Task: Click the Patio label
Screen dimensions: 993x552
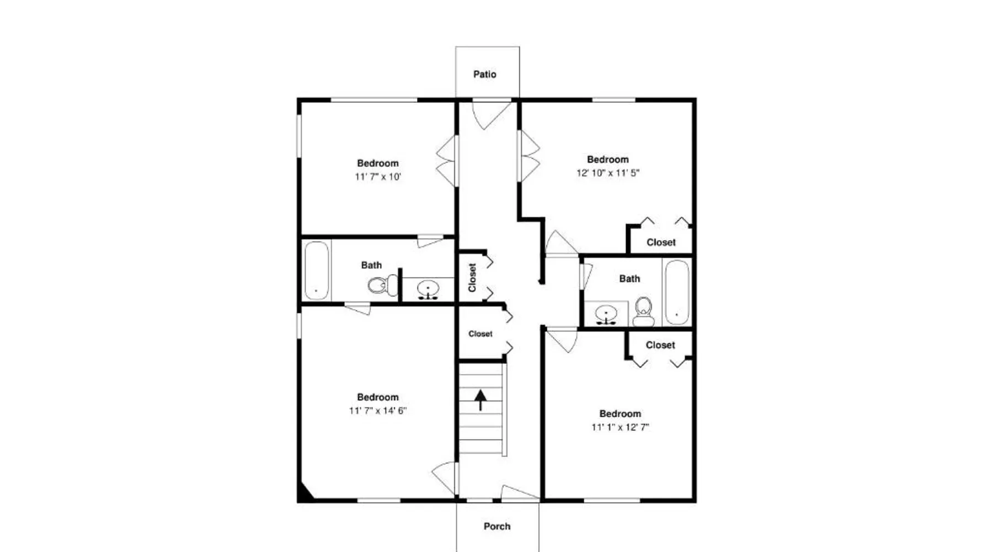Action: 485,74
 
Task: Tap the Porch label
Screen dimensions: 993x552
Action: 497,526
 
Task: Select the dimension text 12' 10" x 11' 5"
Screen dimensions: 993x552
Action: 608,173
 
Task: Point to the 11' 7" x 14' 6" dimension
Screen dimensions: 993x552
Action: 378,411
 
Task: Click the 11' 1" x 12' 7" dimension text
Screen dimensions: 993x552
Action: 620,427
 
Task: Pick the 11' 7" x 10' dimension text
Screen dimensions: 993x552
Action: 378,177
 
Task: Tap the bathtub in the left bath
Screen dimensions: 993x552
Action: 317,270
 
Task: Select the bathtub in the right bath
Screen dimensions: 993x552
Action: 676,292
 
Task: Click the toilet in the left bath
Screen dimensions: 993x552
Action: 382,285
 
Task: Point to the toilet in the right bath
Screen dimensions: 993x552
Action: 643,312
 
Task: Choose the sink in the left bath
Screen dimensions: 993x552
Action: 428,289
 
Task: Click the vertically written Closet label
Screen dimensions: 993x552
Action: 472,277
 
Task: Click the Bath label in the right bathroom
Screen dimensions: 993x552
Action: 629,279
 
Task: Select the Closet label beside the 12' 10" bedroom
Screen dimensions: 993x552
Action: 661,242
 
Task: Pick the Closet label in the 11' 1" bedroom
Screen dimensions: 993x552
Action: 660,345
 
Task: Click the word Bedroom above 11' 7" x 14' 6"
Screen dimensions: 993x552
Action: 378,397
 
